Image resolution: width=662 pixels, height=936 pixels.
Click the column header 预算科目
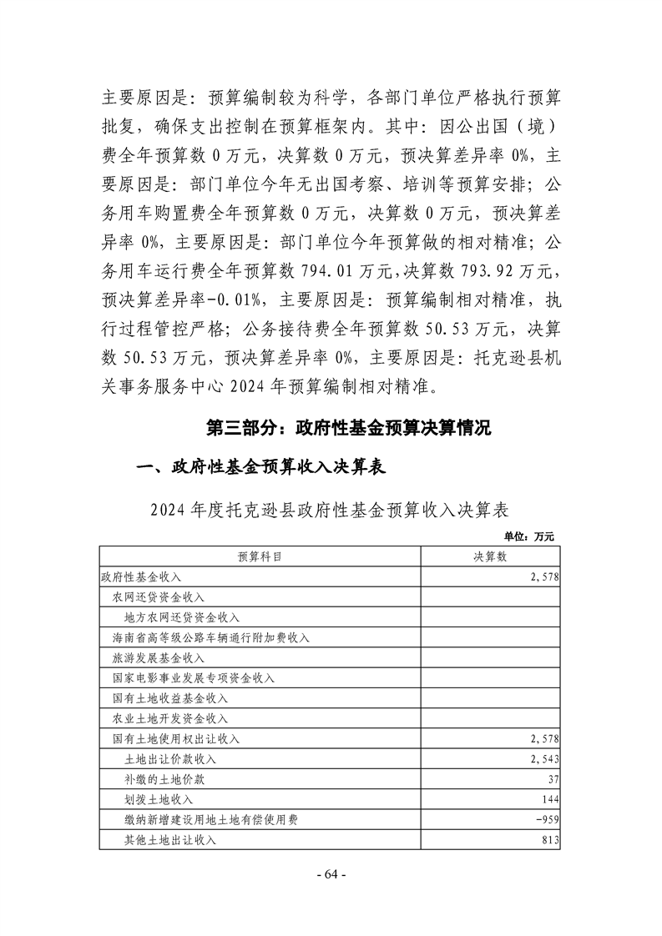[260, 556]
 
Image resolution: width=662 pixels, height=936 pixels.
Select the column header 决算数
[490, 556]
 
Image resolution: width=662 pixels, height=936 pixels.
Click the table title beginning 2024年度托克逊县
[330, 509]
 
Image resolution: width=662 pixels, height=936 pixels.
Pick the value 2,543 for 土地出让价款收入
[543, 758]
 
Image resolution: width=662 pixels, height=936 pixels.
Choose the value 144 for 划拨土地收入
[548, 799]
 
